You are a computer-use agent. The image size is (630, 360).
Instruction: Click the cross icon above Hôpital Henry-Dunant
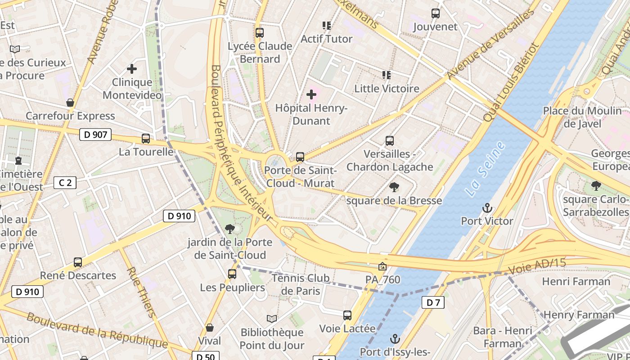[x=311, y=94]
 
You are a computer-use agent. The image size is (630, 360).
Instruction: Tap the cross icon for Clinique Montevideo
[x=132, y=69]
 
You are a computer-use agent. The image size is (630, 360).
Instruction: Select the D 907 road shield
[x=95, y=134]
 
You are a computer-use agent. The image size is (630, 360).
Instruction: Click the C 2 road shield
[x=65, y=183]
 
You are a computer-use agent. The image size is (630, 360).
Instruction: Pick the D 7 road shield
[x=433, y=302]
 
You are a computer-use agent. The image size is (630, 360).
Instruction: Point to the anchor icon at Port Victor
[x=487, y=208]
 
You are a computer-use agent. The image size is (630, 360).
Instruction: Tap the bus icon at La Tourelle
[x=146, y=139]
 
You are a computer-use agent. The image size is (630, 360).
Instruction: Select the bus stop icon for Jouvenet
[x=435, y=13]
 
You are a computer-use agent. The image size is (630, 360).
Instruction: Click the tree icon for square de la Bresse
[x=394, y=187]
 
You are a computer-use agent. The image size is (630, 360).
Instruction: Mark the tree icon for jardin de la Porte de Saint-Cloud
[x=230, y=229]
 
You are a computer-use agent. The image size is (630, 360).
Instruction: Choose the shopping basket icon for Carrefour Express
[x=70, y=103]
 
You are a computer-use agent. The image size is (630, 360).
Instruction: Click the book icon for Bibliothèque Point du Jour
[x=271, y=319]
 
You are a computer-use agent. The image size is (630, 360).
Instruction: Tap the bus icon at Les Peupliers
[x=232, y=274]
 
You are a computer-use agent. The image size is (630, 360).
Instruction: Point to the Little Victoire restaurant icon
[x=386, y=75]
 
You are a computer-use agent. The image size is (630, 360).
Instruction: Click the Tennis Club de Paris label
[x=301, y=284]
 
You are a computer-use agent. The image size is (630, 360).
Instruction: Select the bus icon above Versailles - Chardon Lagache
[x=390, y=141]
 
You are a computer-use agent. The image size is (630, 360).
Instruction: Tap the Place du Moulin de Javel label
[x=582, y=117]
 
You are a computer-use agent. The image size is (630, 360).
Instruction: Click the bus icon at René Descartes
[x=78, y=262]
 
